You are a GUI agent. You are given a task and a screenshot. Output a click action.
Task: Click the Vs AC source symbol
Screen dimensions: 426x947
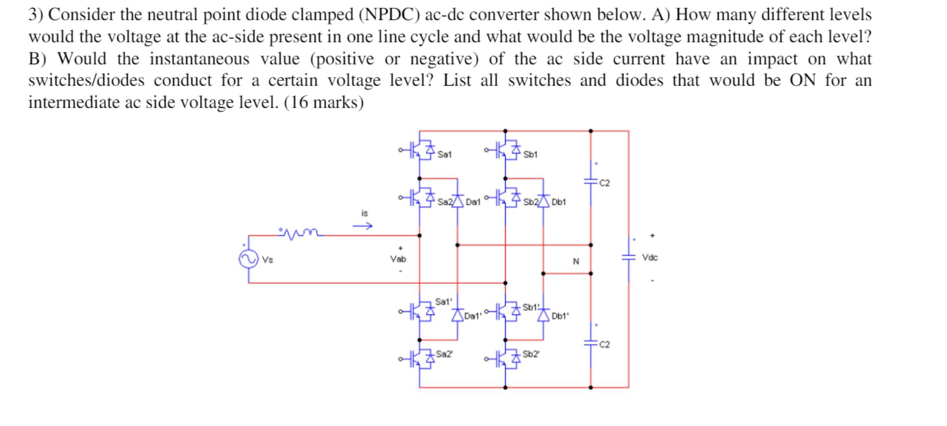248,259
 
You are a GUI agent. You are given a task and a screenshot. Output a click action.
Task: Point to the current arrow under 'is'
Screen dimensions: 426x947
362,226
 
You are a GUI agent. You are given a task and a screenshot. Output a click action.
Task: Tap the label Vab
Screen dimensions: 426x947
398,259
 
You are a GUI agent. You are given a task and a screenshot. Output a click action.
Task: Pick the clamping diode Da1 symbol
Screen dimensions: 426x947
458,201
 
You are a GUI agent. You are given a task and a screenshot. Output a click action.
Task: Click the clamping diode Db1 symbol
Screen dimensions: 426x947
543,201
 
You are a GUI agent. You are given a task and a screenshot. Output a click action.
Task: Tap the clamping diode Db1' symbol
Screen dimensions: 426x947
543,315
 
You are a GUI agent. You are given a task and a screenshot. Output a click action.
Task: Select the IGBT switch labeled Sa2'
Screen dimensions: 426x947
421,358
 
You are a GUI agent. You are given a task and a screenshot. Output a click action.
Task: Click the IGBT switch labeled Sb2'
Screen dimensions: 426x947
507,358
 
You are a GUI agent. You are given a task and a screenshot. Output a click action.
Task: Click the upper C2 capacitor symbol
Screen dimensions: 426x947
590,182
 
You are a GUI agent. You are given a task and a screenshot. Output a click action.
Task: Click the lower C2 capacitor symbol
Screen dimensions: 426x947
590,343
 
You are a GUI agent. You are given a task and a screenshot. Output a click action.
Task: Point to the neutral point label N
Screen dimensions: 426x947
576,261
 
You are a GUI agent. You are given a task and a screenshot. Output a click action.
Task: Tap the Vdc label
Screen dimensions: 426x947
650,258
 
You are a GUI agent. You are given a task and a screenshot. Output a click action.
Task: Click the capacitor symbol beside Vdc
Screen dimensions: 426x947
628,257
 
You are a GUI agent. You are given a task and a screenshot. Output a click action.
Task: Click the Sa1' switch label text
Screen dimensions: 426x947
443,301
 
